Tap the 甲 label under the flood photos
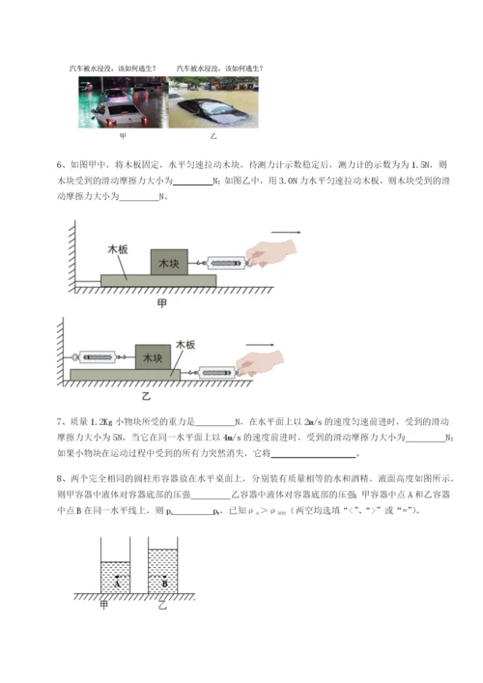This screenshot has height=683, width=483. [x=122, y=136]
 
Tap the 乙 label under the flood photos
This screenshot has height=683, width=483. [x=213, y=136]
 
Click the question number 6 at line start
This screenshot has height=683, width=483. [x=61, y=165]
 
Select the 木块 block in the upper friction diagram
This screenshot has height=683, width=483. [x=169, y=263]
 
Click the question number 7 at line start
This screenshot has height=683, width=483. [x=61, y=422]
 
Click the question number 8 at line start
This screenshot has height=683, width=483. [x=61, y=479]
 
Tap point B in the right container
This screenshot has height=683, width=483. [x=164, y=583]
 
